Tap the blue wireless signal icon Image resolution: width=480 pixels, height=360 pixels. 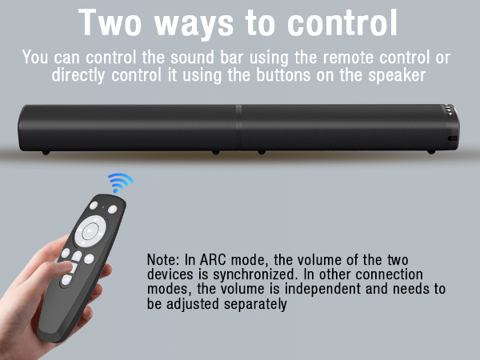click(120, 182)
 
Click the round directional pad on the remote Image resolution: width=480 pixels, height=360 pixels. click(90, 232)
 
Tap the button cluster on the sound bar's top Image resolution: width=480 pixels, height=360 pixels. click(446, 111)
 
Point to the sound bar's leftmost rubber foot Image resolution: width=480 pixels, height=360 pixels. click(46, 150)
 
